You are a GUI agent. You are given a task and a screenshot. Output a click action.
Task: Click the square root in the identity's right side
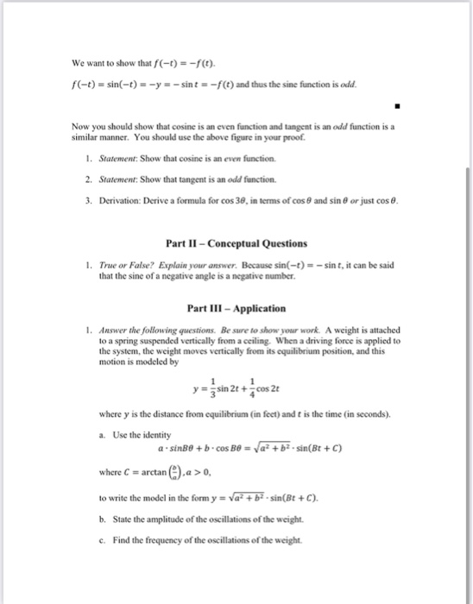click(x=297, y=450)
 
